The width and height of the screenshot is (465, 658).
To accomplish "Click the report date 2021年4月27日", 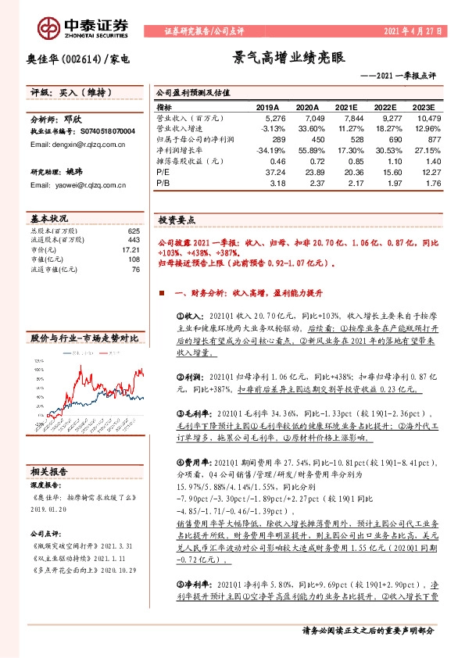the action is tap(413, 31).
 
